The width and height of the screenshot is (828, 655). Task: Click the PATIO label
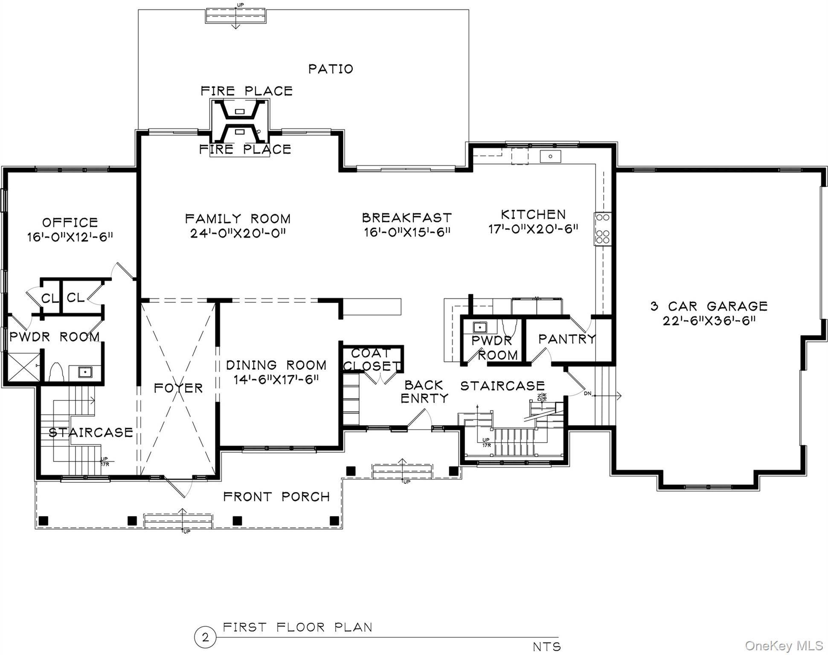(x=331, y=69)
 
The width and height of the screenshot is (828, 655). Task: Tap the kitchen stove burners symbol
(x=603, y=229)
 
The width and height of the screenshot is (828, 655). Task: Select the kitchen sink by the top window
(x=550, y=156)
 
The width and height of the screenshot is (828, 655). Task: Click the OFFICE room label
(x=70, y=222)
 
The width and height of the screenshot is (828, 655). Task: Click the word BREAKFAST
(x=407, y=218)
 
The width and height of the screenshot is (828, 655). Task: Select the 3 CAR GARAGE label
(x=709, y=306)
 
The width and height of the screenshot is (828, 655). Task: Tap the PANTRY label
(x=567, y=339)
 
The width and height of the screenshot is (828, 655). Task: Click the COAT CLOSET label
(x=372, y=359)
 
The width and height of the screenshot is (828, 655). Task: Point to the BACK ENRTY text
(x=424, y=391)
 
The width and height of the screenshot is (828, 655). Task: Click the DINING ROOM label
(x=276, y=365)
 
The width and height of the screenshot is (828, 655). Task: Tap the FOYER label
(x=178, y=388)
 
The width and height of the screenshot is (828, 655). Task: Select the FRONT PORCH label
(x=276, y=496)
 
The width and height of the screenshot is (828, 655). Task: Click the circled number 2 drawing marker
(x=205, y=638)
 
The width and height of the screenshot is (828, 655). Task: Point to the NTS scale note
(x=547, y=646)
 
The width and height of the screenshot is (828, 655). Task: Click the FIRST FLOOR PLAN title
(x=298, y=627)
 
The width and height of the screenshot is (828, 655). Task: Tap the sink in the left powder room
(x=85, y=372)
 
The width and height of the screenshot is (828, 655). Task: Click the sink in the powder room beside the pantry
(x=480, y=327)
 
